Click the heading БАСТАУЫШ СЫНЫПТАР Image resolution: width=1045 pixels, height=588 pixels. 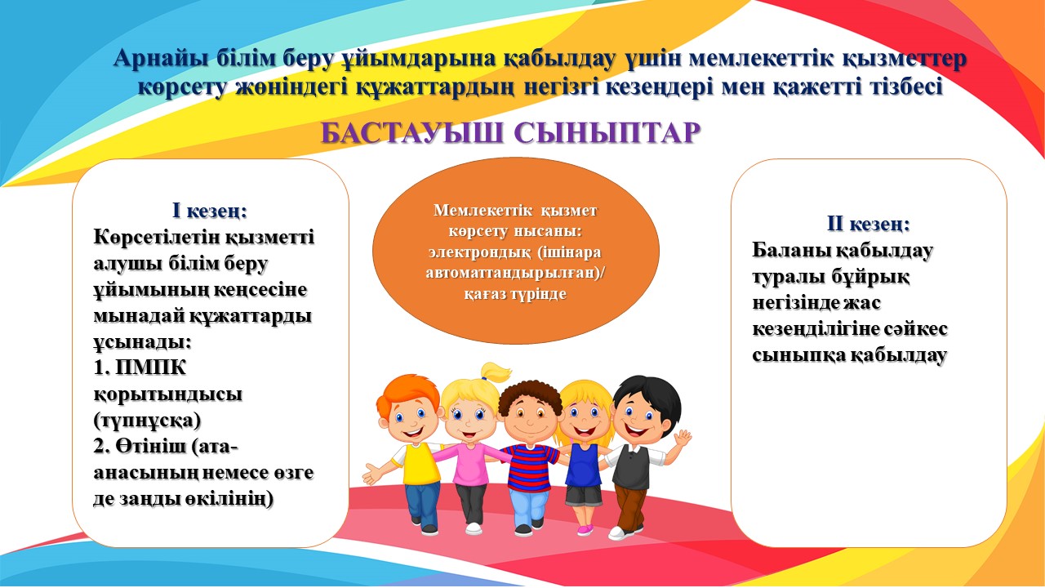coord(511,133)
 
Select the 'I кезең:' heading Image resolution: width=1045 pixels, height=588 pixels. coord(210,211)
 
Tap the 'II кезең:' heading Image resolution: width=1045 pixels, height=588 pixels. coord(868,224)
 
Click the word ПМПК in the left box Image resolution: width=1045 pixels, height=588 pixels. coord(151,368)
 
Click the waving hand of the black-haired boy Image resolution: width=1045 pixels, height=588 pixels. coord(682,439)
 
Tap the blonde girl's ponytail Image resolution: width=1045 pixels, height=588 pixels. coord(495,373)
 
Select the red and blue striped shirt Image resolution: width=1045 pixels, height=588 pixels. coord(531,467)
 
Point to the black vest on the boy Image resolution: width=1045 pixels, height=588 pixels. coord(632,466)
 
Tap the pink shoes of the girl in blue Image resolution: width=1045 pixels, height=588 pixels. coord(585,530)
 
